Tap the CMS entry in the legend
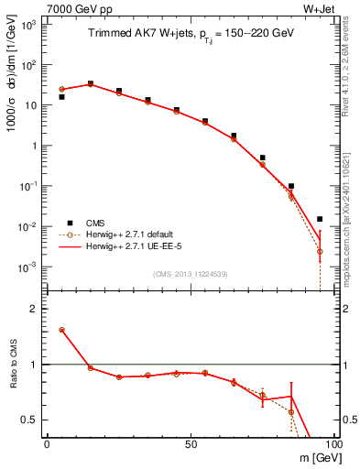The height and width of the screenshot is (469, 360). pyautogui.click(x=97, y=223)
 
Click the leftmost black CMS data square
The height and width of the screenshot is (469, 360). pyautogui.click(x=61, y=96)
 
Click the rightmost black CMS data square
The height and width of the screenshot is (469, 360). pyautogui.click(x=320, y=219)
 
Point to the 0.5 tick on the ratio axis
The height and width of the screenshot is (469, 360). pyautogui.click(x=33, y=420)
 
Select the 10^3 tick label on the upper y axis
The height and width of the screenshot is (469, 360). pyautogui.click(x=28, y=25)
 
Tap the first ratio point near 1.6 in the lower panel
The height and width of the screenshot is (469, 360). pyautogui.click(x=61, y=330)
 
